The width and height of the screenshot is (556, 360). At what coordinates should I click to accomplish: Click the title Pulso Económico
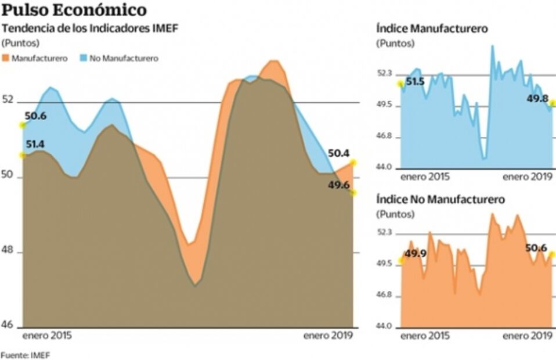(74, 10)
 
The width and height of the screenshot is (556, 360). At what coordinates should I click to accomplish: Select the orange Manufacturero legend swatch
(6, 59)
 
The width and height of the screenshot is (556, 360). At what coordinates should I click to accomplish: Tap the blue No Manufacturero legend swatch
(83, 59)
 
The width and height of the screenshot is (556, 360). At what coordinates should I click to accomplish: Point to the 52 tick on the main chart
(8, 100)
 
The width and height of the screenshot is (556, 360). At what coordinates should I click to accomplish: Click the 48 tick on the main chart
(8, 252)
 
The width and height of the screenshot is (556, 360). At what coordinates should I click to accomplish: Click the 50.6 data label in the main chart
(35, 116)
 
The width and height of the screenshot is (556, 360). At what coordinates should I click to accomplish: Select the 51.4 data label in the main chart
(35, 144)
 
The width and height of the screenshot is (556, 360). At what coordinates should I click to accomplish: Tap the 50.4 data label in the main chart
(338, 154)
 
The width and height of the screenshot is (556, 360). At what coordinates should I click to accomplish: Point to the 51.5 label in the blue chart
(415, 82)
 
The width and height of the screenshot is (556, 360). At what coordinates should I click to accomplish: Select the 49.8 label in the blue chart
(537, 99)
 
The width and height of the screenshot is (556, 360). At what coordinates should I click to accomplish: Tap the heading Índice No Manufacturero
(441, 200)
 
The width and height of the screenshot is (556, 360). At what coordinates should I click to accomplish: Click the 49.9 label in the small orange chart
(415, 254)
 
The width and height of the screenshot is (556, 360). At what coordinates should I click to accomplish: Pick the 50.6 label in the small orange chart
(536, 248)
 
